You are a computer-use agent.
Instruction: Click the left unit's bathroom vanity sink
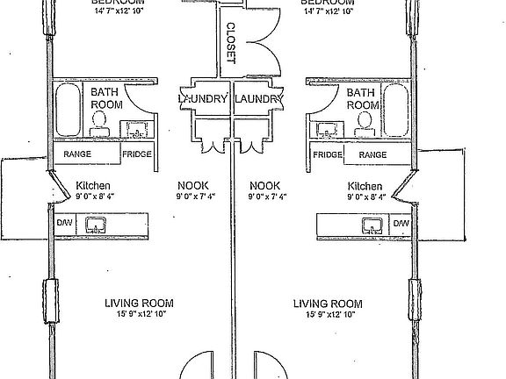(138, 130)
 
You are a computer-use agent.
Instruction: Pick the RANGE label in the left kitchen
(76, 155)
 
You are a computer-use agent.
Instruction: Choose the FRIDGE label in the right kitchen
(327, 155)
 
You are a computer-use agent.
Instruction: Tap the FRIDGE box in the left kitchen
(136, 155)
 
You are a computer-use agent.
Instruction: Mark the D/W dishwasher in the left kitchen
(64, 225)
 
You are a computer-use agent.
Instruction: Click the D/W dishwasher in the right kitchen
(401, 225)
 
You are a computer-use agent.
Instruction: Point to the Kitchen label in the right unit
(365, 186)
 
